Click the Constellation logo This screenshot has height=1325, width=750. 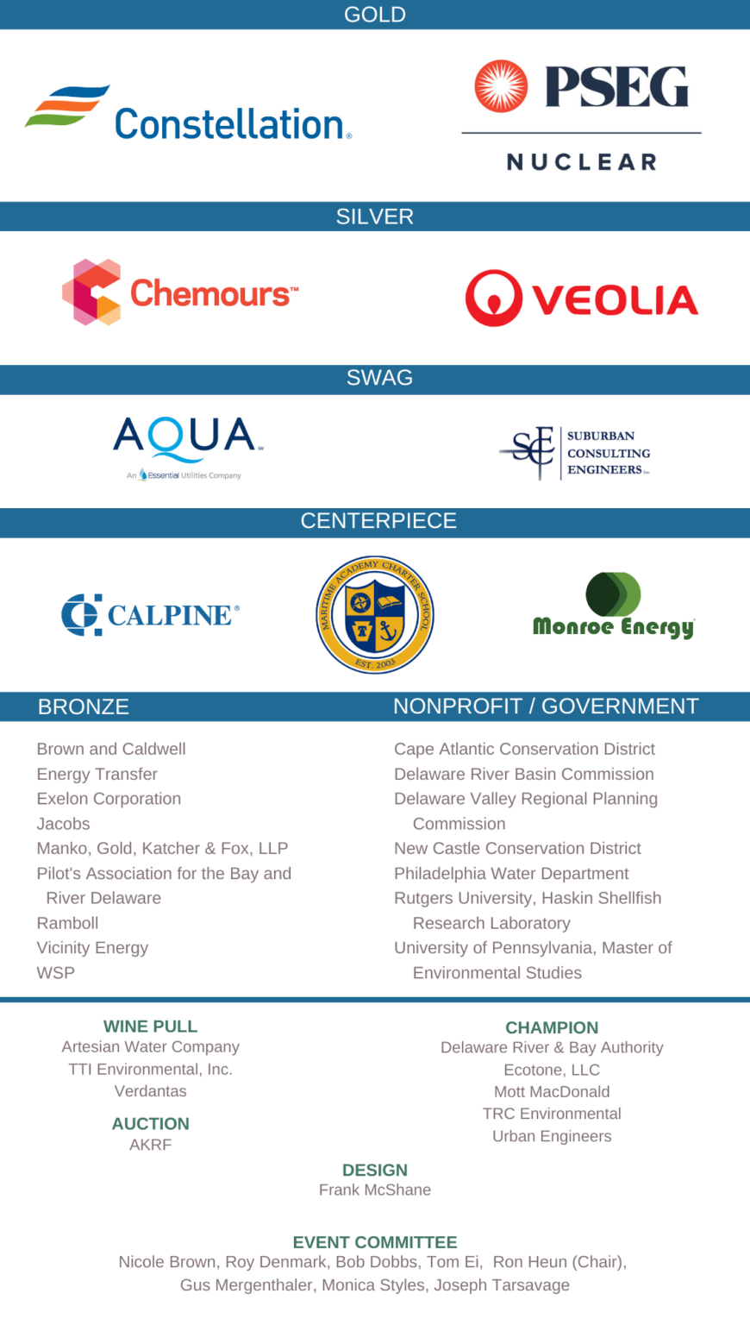click(x=188, y=114)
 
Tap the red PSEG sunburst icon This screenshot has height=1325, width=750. click(x=501, y=87)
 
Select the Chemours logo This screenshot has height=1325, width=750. click(x=180, y=292)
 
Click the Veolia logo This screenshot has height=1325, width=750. click(x=582, y=298)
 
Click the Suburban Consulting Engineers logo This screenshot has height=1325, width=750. click(x=575, y=453)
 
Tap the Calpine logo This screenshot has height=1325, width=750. click(x=150, y=615)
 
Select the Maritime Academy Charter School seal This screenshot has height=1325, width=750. click(x=375, y=614)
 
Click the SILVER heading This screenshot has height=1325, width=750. click(x=375, y=217)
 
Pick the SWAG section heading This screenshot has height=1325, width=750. click(x=379, y=378)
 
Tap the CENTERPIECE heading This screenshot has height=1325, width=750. click(x=378, y=521)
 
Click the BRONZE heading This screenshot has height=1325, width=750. click(x=84, y=706)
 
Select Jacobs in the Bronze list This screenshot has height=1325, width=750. click(x=63, y=824)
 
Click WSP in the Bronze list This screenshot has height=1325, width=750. click(x=56, y=972)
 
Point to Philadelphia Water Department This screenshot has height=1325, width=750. click(x=511, y=873)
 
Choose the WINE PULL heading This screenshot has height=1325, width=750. click(x=150, y=1027)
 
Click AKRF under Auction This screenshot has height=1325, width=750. click(x=150, y=1145)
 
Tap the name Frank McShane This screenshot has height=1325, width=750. click(x=375, y=1190)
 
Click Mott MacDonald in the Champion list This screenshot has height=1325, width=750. click(x=552, y=1091)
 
